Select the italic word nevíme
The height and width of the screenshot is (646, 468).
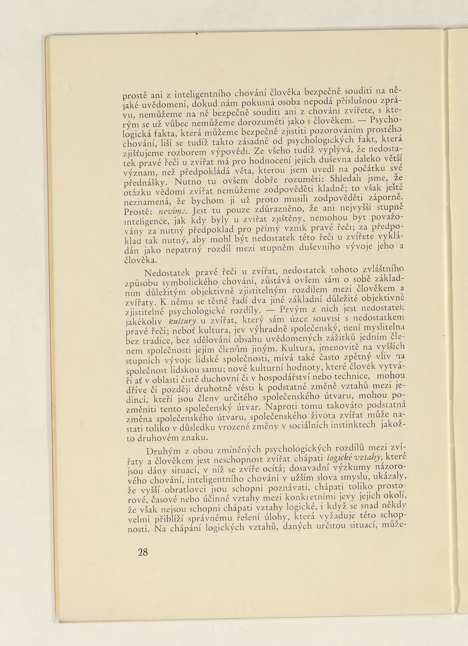point(170,211)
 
